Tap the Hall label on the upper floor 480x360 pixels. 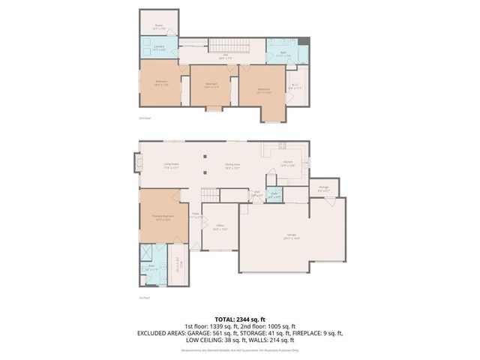[x=225, y=55]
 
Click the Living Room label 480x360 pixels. [x=171, y=166]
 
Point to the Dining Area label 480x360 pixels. [x=232, y=166]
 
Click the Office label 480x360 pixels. [x=220, y=226]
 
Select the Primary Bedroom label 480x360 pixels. [x=157, y=217]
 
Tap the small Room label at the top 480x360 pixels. [x=159, y=26]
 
